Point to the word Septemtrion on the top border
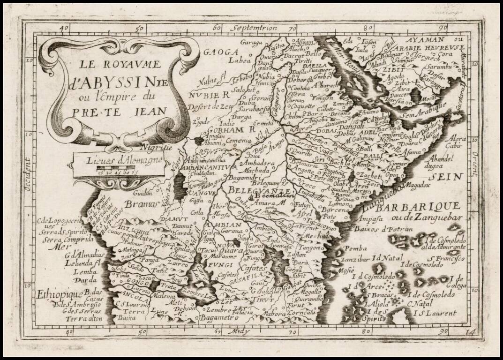click(x=256, y=28)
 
